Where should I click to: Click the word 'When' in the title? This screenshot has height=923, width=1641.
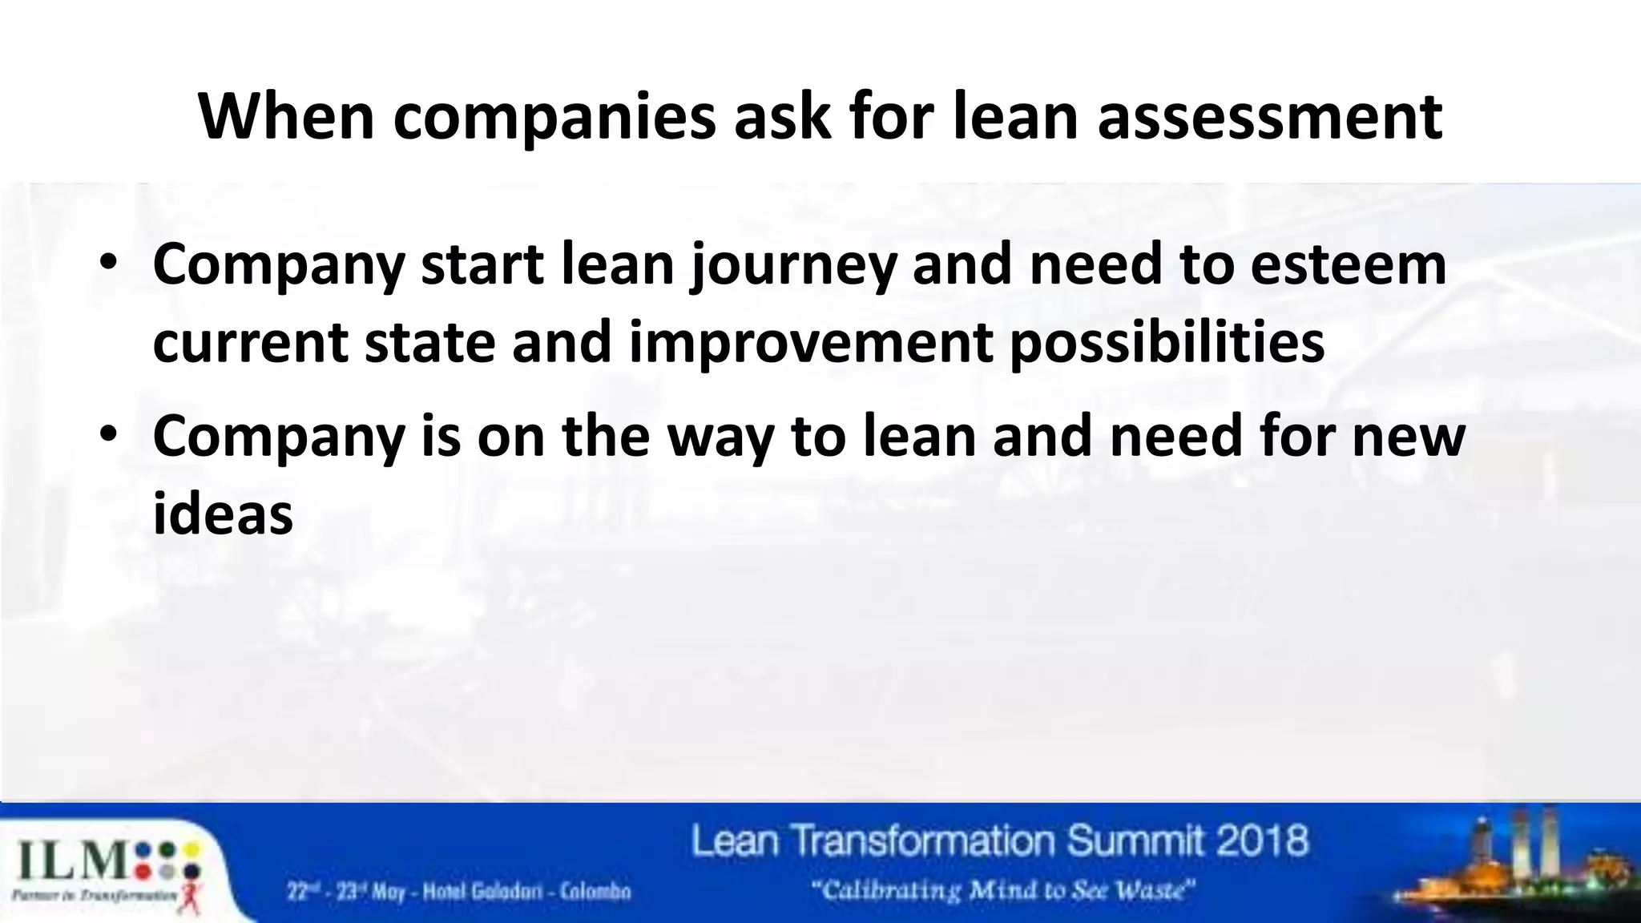pyautogui.click(x=286, y=117)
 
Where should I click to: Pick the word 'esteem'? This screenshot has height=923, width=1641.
pyautogui.click(x=1348, y=264)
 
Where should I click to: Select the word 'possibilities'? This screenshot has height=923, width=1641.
pyautogui.click(x=1166, y=343)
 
